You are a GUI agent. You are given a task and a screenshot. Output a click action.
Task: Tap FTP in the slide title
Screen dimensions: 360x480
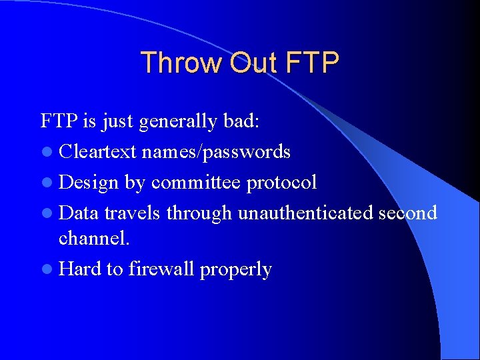(311, 63)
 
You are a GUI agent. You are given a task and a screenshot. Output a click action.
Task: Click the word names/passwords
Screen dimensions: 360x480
(216, 153)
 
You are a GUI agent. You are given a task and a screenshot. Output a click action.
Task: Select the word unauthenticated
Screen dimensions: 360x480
(305, 213)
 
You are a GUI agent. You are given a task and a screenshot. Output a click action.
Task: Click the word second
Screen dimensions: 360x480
(407, 213)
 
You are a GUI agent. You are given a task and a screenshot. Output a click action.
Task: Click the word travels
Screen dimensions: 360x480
(133, 213)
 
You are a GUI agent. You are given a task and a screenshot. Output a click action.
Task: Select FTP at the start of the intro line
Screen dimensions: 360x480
(58, 121)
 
